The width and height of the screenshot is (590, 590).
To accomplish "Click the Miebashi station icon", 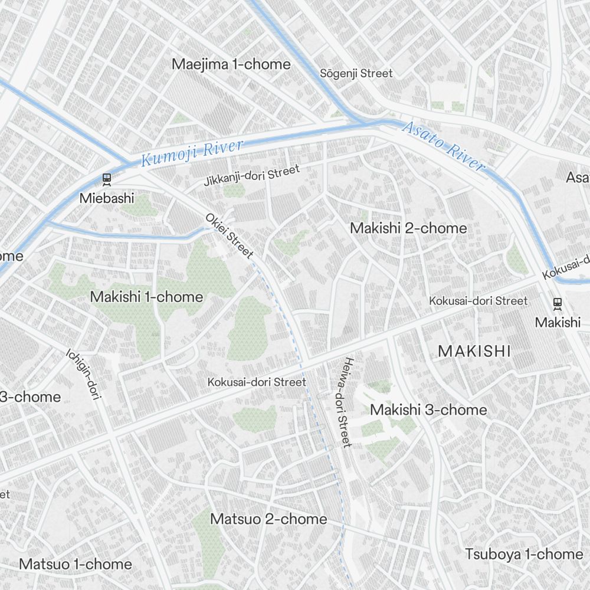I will click(107, 178).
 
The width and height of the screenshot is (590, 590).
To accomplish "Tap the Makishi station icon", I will click(557, 304).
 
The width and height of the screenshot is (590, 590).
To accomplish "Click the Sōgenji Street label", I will click(356, 74).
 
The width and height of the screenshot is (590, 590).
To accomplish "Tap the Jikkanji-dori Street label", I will click(252, 176).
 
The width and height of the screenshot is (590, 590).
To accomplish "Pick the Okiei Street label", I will click(230, 236).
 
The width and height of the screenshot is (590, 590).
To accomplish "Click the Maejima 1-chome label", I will click(231, 64).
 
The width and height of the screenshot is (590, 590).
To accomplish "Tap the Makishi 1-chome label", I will click(146, 297).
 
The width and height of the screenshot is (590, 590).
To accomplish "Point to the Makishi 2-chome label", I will click(408, 228).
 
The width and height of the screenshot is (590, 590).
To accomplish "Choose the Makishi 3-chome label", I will click(428, 409).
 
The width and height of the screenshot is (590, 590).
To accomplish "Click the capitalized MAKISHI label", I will click(474, 352).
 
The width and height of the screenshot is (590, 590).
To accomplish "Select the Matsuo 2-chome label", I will click(268, 519).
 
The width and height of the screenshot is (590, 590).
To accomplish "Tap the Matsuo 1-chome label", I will click(76, 563).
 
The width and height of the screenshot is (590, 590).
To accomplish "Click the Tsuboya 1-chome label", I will click(524, 554).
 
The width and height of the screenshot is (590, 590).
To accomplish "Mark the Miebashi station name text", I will click(107, 198).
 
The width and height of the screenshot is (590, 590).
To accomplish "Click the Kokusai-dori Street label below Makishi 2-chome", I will click(478, 301).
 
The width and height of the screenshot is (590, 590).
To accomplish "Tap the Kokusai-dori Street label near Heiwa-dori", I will click(257, 382).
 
